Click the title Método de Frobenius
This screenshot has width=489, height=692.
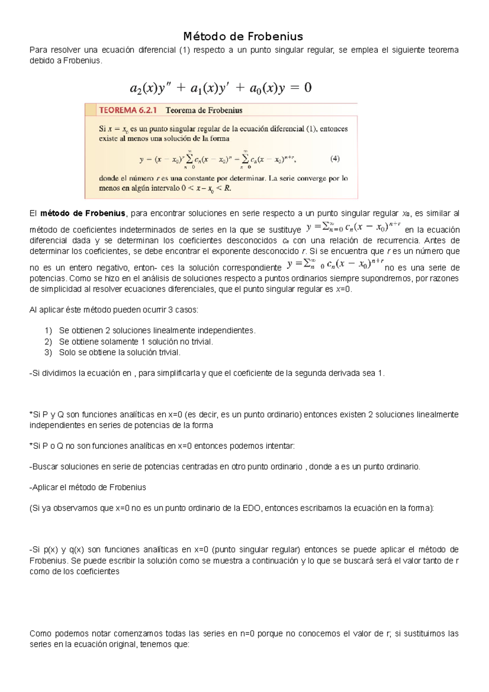[243, 37]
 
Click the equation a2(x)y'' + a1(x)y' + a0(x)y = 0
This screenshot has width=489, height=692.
[220, 88]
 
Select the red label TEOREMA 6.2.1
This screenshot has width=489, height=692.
[128, 110]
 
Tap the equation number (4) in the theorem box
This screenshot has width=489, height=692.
[335, 159]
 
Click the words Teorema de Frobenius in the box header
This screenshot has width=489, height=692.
[204, 110]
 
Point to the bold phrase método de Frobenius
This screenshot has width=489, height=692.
[83, 214]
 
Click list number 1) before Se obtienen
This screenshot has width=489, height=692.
[48, 331]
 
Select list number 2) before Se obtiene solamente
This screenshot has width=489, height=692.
[48, 342]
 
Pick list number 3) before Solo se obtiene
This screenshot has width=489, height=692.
[48, 353]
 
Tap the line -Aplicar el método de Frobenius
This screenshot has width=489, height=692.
[88, 487]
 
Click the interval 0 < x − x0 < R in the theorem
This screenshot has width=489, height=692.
[206, 189]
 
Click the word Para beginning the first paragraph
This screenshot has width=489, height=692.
[38, 50]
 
